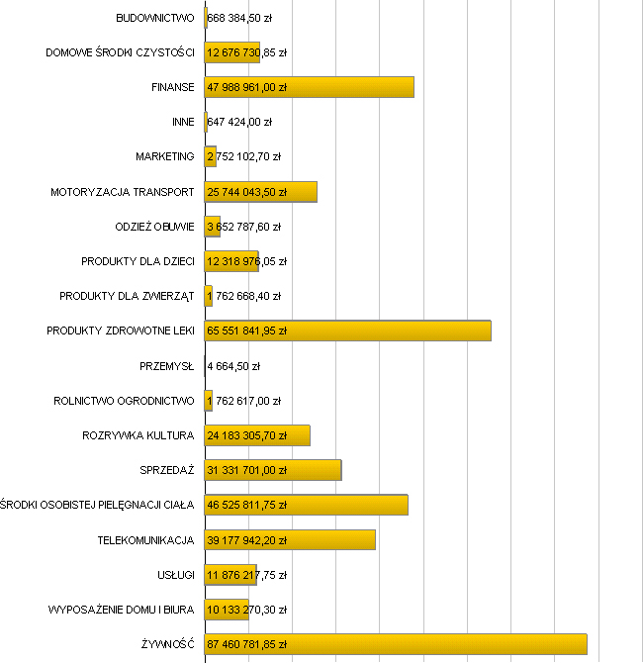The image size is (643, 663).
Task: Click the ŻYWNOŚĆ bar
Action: click(396, 644)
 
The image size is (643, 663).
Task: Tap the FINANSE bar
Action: click(309, 87)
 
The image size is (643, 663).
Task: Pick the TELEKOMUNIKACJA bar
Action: click(290, 539)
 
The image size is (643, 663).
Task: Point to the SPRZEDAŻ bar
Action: click(273, 470)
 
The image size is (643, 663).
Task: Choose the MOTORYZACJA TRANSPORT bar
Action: click(261, 192)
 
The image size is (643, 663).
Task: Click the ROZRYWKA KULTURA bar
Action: click(257, 435)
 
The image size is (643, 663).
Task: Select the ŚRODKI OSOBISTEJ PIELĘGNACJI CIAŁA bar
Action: click(306, 505)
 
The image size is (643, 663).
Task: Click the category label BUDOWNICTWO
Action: click(155, 18)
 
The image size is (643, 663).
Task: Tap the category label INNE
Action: click(183, 122)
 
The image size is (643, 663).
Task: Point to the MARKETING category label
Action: click(165, 156)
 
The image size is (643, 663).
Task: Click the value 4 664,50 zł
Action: click(233, 366)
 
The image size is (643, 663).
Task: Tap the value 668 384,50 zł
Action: click(240, 18)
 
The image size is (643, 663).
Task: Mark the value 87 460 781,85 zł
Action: click(246, 644)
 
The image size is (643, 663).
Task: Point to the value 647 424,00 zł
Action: click(239, 122)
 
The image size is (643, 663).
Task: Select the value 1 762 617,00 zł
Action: click(243, 401)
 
